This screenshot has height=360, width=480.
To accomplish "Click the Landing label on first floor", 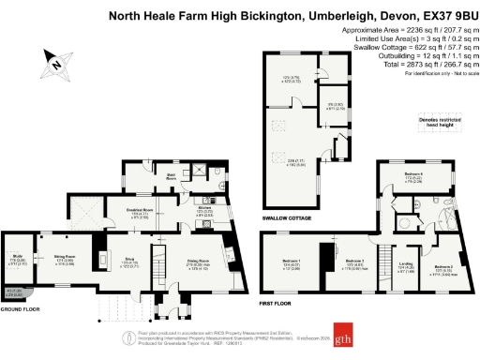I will pos(406,265).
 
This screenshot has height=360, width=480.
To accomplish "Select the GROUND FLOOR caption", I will pos(20,307).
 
